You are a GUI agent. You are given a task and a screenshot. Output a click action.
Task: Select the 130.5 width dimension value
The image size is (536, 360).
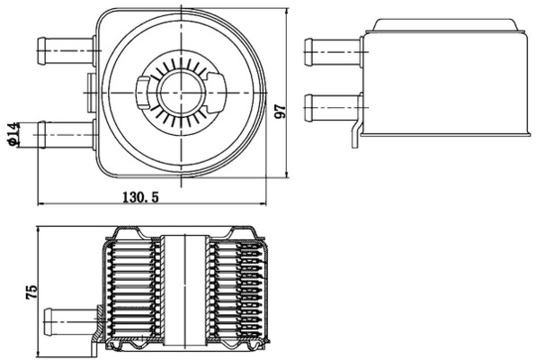pos(142,197)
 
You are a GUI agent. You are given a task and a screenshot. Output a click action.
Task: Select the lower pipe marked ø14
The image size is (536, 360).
pos(63,134)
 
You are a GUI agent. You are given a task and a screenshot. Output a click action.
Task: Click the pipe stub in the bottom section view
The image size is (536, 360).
pos(72,319)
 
